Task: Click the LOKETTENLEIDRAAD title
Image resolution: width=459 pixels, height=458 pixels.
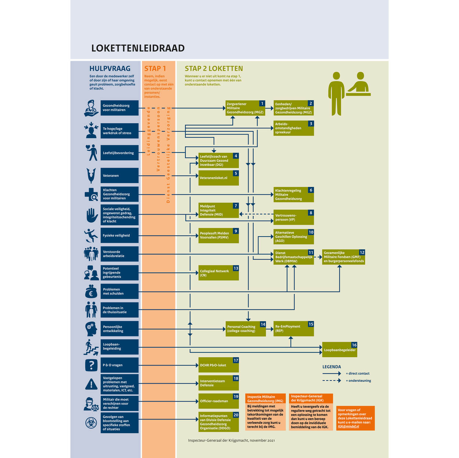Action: point(138,48)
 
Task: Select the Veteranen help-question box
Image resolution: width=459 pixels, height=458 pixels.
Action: point(119,176)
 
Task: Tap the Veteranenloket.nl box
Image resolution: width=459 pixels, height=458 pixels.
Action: point(218,178)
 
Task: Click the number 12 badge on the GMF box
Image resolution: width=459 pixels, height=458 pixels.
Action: point(362,253)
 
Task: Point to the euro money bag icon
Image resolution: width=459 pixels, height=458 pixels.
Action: point(91,292)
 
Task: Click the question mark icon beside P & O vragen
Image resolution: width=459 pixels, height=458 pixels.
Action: point(91,365)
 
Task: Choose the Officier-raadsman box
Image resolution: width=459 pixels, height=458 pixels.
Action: point(218,401)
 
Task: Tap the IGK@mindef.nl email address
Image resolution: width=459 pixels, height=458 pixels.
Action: point(348,426)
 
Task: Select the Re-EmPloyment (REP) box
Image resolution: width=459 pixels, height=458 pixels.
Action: point(293,329)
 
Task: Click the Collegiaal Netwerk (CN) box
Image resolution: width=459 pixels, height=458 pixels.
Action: point(218,273)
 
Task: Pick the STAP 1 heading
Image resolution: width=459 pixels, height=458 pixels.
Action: point(155,69)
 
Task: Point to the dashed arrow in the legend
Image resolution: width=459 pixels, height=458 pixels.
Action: point(332,381)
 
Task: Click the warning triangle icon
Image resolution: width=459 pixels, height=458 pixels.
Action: point(91,384)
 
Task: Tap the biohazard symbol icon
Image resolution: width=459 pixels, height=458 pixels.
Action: point(91,423)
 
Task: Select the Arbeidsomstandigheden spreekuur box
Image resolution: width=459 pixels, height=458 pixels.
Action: point(293,128)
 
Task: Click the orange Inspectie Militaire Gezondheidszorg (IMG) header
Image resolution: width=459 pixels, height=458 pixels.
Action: point(265,399)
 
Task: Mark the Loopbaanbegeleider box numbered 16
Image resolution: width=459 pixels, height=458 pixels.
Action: point(339,349)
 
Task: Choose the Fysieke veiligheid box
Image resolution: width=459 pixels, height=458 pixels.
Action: point(119,235)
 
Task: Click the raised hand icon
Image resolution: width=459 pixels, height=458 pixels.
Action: point(92,215)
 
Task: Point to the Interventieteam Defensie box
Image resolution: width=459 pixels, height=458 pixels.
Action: point(218,383)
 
